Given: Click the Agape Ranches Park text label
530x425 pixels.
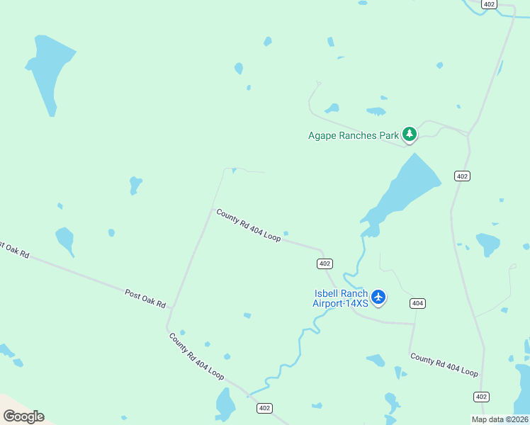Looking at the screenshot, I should [x=352, y=135].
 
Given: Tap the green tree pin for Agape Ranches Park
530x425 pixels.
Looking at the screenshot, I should [x=409, y=134].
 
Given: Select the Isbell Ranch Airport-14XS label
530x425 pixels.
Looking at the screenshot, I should [x=341, y=298].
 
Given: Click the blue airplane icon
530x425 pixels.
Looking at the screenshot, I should [x=378, y=297].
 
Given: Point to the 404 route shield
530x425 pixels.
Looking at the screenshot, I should [x=417, y=303].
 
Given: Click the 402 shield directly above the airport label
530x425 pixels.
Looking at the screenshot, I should [x=325, y=263].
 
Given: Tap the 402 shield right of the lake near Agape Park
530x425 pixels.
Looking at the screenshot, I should [x=462, y=176].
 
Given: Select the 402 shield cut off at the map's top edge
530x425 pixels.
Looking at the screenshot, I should [x=490, y=4].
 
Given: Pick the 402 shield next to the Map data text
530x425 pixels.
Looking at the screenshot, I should [x=482, y=397].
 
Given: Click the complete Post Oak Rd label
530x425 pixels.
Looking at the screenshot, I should [x=145, y=297].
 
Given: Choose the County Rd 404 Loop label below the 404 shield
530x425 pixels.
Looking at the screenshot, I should [x=444, y=365].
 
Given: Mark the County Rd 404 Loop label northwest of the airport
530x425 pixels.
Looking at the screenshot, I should [x=249, y=225].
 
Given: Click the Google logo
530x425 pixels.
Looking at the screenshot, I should [x=23, y=416].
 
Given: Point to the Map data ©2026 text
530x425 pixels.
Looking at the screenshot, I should [x=500, y=419].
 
